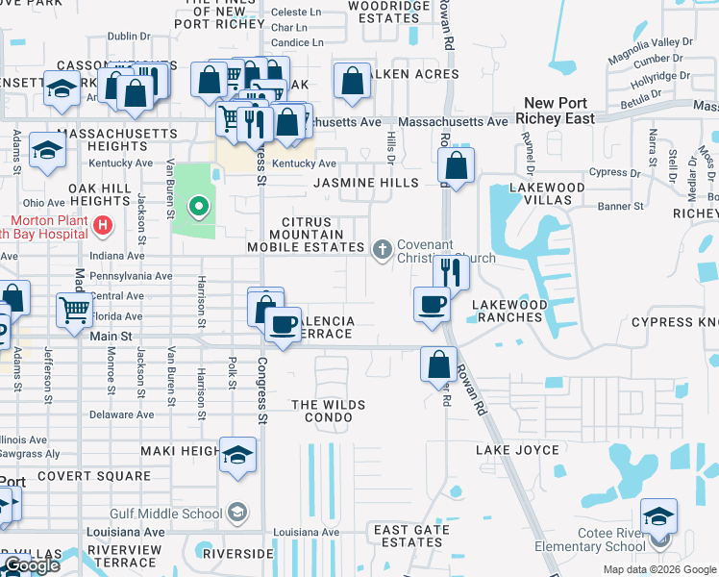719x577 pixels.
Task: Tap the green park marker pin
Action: click(198, 207)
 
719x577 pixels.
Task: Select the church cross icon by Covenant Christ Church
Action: click(383, 250)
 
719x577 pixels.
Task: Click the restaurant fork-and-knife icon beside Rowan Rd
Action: click(451, 272)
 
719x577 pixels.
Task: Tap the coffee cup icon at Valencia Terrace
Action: click(282, 324)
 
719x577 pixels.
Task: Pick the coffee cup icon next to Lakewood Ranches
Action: click(432, 304)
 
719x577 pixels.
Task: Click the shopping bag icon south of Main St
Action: click(438, 364)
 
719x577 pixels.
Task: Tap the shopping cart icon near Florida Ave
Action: click(75, 310)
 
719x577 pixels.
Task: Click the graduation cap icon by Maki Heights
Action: click(237, 455)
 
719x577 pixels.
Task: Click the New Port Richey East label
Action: click(558, 111)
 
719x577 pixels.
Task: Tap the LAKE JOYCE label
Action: click(518, 450)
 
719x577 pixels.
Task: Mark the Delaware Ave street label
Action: click(123, 415)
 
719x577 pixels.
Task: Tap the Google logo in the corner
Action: click(32, 566)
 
